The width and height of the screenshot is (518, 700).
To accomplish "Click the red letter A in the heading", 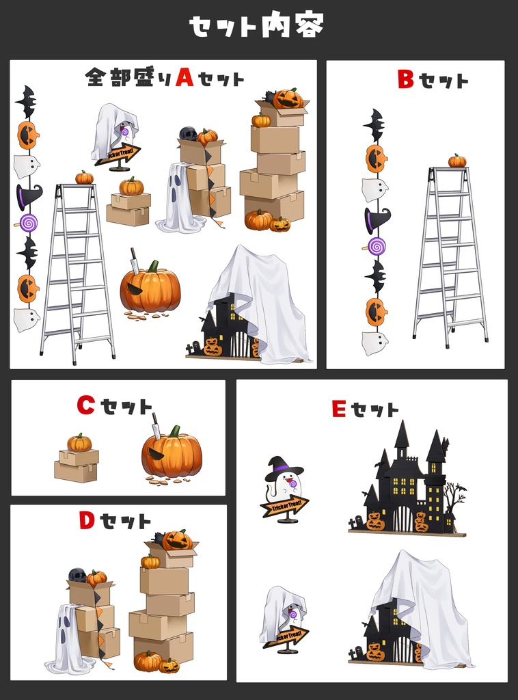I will (x=185, y=77).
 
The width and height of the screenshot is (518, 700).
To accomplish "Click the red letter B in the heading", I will (x=406, y=80).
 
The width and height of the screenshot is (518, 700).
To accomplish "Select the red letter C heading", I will (x=85, y=405).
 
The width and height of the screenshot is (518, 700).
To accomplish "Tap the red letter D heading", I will (x=87, y=521).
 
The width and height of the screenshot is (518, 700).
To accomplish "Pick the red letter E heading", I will (x=339, y=409).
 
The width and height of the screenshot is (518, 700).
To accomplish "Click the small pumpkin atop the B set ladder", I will (x=457, y=161).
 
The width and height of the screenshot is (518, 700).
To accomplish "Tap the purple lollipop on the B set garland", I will (x=377, y=246).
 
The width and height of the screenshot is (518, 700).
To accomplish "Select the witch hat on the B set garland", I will (x=377, y=220).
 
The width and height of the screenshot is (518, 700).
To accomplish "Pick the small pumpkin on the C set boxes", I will (x=79, y=443).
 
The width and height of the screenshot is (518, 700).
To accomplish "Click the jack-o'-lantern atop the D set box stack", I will (x=177, y=540).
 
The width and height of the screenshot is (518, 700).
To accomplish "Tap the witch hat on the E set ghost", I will (x=284, y=467).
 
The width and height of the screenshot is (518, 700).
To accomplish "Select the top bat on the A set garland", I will (x=26, y=102).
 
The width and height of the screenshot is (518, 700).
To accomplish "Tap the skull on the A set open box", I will (x=188, y=133).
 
